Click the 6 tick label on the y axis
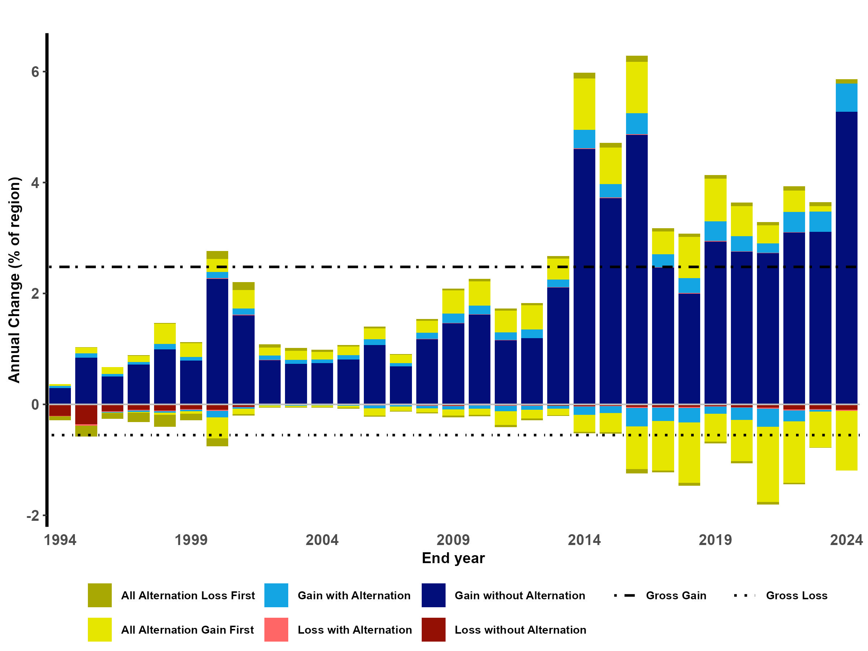[x=35, y=72]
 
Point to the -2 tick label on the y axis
[x=33, y=516]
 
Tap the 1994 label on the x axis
[x=60, y=540]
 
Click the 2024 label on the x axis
[x=846, y=540]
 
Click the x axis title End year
[x=453, y=558]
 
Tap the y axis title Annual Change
[x=14, y=280]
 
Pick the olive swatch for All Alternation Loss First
[x=100, y=595]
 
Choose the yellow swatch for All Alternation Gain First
[x=100, y=629]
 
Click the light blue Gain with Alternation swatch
[x=276, y=595]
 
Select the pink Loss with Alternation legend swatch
[x=276, y=629]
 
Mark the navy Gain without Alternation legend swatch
[x=433, y=595]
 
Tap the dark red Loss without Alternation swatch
[x=433, y=629]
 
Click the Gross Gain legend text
[x=676, y=596]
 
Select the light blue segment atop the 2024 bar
[x=846, y=98]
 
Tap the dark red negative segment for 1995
[x=86, y=414]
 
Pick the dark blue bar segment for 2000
[x=217, y=341]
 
